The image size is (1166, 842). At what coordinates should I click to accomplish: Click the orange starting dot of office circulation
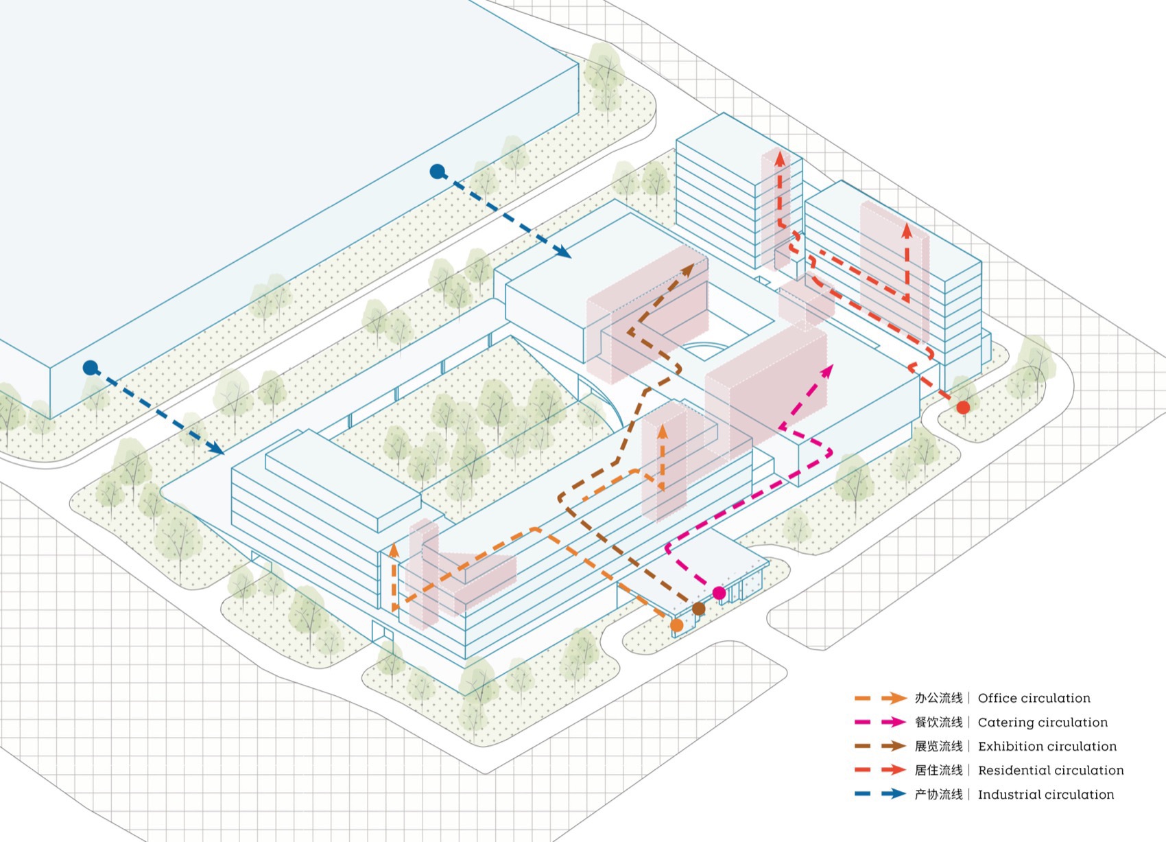click(x=677, y=625)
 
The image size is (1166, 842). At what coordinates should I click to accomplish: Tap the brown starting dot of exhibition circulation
click(x=699, y=609)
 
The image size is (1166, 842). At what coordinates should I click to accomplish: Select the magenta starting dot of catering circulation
click(x=719, y=593)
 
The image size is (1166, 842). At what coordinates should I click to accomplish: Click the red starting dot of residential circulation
click(x=963, y=408)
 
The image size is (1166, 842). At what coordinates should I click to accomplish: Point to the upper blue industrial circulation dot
click(x=437, y=172)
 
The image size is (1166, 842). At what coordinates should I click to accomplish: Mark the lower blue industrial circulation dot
click(x=91, y=368)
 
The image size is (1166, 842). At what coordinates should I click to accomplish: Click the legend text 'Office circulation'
click(x=1034, y=699)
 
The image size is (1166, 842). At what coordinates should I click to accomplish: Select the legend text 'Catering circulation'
click(x=1043, y=723)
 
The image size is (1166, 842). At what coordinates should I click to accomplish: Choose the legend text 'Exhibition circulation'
click(x=1047, y=747)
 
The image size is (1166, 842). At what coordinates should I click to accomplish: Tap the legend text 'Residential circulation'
click(x=1051, y=771)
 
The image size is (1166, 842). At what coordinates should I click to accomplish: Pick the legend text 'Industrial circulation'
click(x=1045, y=795)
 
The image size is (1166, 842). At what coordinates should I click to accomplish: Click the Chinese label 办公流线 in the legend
click(x=938, y=699)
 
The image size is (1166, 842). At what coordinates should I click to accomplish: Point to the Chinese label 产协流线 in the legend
click(x=938, y=795)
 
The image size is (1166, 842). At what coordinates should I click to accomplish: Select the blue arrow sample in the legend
click(x=881, y=794)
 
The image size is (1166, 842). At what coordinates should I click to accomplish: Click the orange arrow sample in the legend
click(x=881, y=699)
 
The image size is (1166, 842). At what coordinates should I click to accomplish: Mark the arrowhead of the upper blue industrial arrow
click(x=563, y=252)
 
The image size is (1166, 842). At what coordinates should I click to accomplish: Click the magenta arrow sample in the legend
click(x=881, y=722)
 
